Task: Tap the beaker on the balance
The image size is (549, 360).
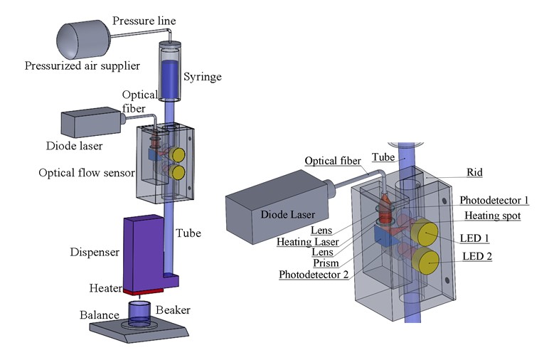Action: [139, 313]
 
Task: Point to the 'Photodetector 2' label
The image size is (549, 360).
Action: [311, 275]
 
